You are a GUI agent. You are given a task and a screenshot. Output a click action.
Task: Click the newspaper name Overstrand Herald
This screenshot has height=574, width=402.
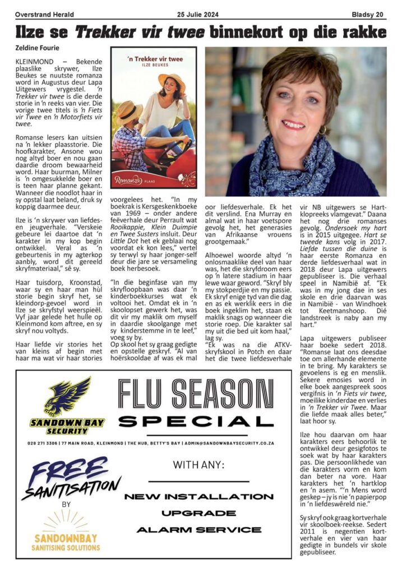(45, 15)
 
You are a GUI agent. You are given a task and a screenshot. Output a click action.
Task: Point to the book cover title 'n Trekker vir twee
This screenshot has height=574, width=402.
(153, 57)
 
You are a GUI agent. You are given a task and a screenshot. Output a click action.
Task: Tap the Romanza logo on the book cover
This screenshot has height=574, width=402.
(127, 180)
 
